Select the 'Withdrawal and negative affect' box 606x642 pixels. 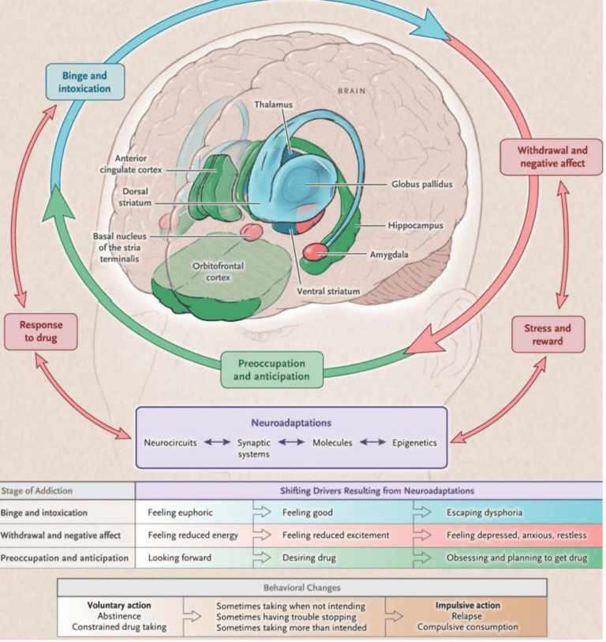tap(552, 156)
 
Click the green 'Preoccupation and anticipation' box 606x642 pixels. tap(271, 370)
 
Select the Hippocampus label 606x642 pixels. tap(414, 226)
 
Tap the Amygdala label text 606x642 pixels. tap(388, 255)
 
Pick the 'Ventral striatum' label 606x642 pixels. tap(328, 291)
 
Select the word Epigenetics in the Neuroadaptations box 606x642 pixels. tap(414, 442)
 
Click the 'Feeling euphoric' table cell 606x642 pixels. tap(180, 513)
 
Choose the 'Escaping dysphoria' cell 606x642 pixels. tap(484, 513)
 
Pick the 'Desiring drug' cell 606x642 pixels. tap(309, 558)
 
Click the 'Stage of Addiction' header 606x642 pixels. tap(39, 491)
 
